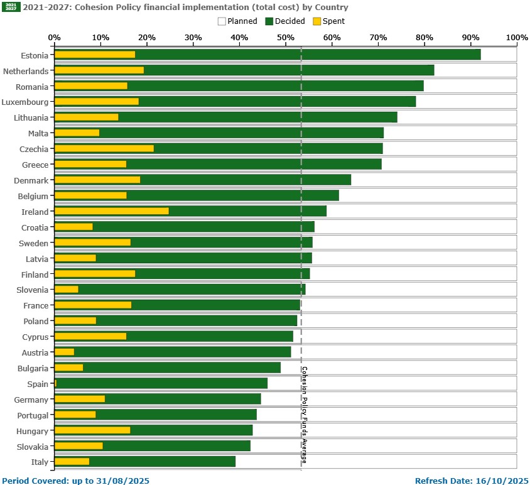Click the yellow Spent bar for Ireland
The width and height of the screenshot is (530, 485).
pyautogui.click(x=111, y=211)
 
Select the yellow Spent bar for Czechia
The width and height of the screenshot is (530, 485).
pyautogui.click(x=104, y=148)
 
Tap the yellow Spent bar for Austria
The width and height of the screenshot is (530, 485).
pyautogui.click(x=64, y=352)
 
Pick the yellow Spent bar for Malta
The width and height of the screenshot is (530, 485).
pyautogui.click(x=77, y=133)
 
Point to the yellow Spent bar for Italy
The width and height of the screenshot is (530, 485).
pyautogui.click(x=72, y=462)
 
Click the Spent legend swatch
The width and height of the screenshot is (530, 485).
pyautogui.click(x=316, y=21)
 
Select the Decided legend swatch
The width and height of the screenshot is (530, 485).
pyautogui.click(x=269, y=21)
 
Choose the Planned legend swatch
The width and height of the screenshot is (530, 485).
pyautogui.click(x=222, y=21)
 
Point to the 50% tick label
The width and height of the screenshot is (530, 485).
pyautogui.click(x=286, y=38)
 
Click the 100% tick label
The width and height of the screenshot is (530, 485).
pyautogui.click(x=516, y=38)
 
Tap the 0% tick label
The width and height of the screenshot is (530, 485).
pyautogui.click(x=55, y=38)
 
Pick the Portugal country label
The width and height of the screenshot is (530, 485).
pyautogui.click(x=31, y=415)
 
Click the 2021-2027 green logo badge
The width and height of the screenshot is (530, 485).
pyautogui.click(x=11, y=8)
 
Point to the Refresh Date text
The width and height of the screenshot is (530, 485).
pyautogui.click(x=472, y=481)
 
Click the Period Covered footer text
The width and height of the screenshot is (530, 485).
pyautogui.click(x=75, y=481)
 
